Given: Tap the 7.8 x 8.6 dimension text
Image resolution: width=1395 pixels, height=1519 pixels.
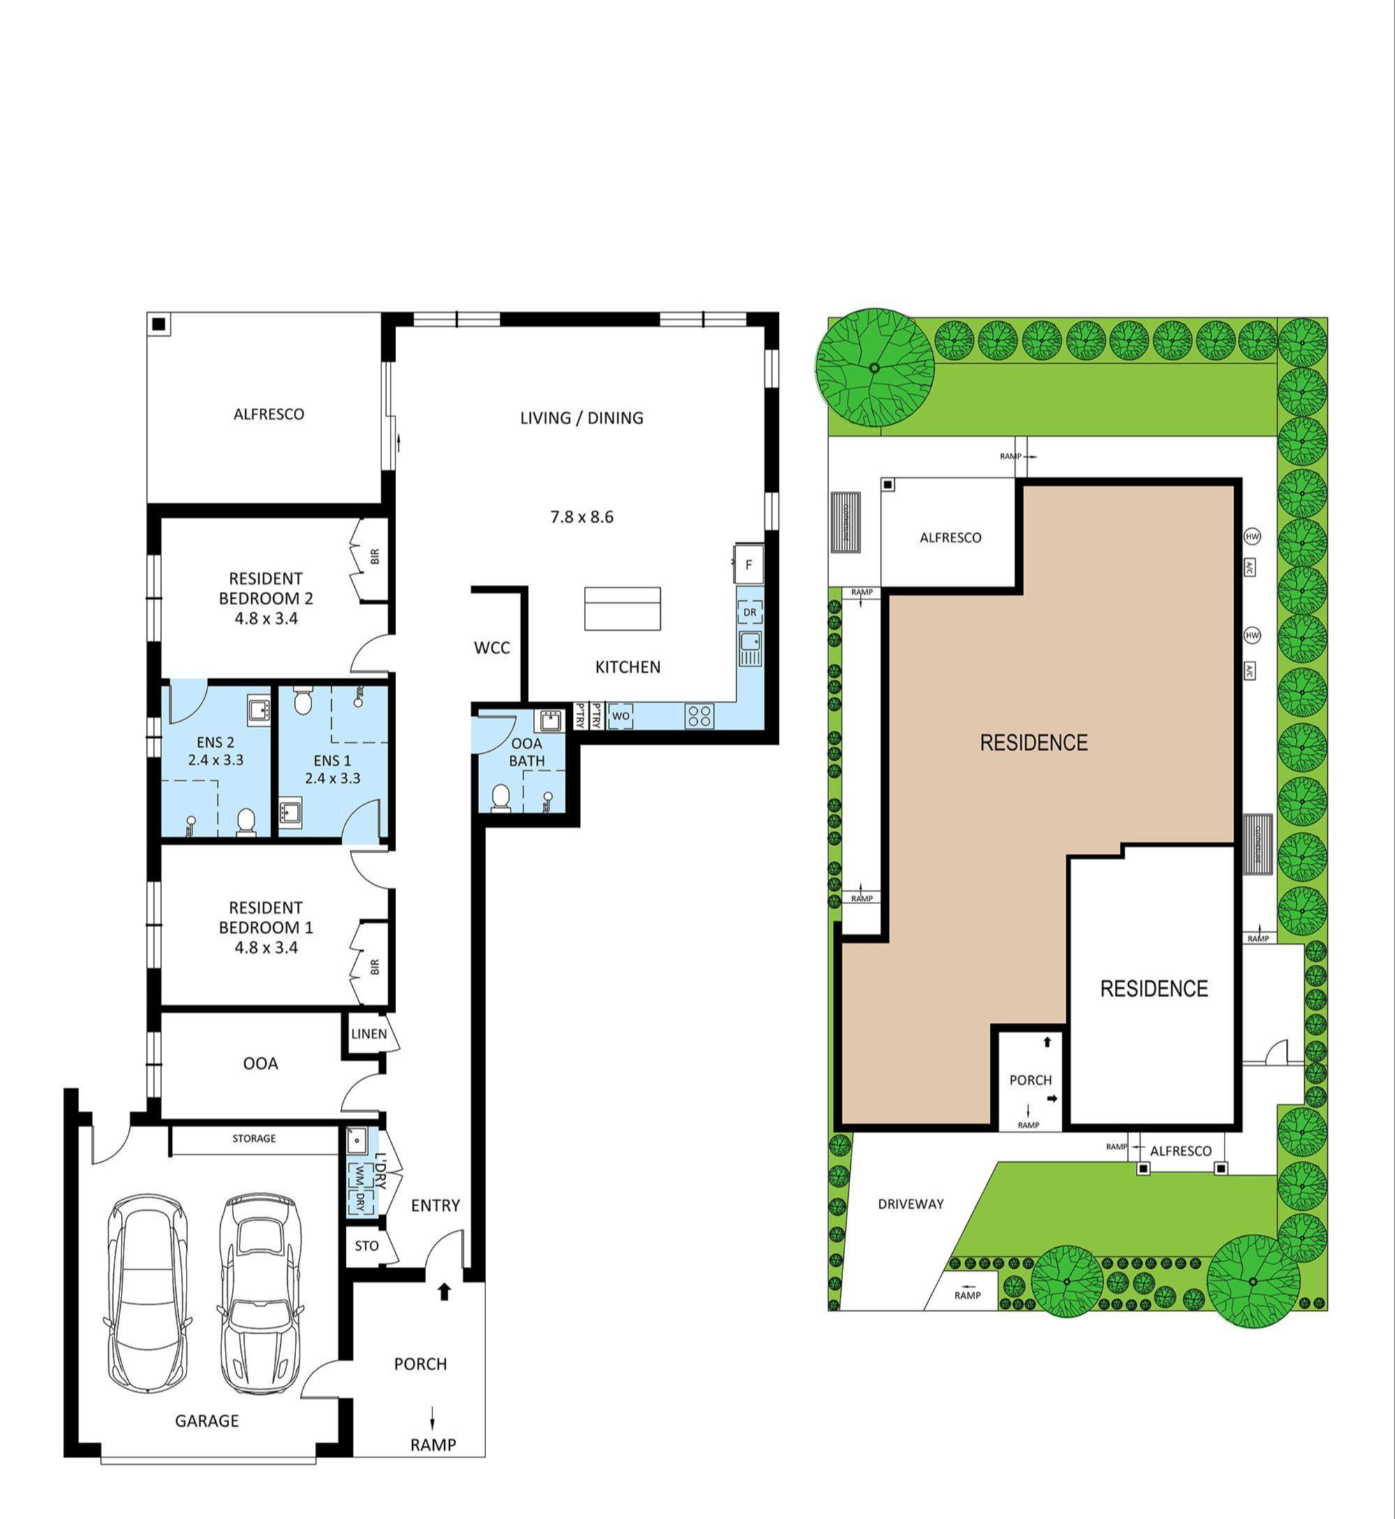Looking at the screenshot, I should tap(581, 517).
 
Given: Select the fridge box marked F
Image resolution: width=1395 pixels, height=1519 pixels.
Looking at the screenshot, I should tap(748, 565).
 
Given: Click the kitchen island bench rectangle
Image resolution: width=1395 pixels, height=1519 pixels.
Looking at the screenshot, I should tap(623, 609).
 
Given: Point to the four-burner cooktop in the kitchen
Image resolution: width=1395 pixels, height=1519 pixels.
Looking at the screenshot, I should tap(699, 715).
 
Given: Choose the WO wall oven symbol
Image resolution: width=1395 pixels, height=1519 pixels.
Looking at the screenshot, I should tap(620, 715).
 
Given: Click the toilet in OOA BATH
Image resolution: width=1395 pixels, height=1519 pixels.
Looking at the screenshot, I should tap(500, 798).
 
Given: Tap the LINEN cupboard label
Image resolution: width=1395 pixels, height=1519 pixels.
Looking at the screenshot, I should tap(368, 1033).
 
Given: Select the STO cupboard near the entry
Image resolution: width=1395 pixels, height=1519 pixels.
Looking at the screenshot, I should tap(367, 1246).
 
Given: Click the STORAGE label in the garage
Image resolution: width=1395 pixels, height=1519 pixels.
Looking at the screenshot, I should tap(254, 1138).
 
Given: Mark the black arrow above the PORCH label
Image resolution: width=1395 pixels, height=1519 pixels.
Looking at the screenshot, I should tap(444, 1292).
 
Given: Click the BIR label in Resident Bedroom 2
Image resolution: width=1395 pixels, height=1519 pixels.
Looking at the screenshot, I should tap(374, 556).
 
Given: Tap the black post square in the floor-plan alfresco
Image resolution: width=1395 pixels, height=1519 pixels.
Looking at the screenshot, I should tap(159, 324).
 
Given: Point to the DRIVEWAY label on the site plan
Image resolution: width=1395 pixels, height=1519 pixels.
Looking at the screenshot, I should tap(910, 1204).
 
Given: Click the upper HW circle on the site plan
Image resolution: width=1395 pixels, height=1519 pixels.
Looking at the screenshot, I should tap(1252, 537).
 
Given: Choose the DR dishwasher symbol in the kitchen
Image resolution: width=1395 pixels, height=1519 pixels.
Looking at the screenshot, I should tap(750, 612).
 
